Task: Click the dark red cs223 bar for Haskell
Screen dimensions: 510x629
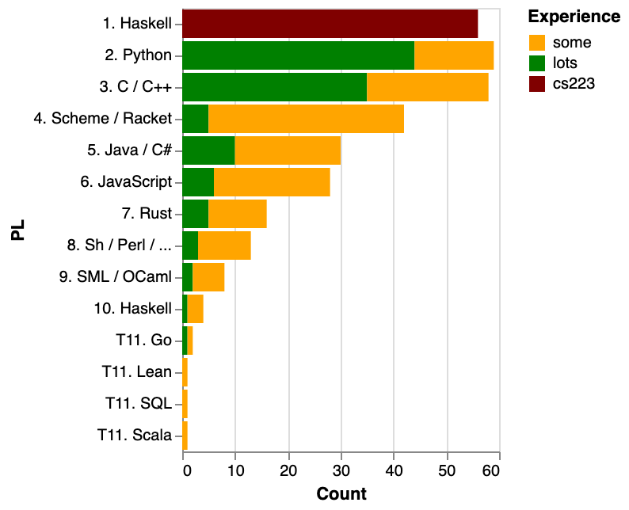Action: [330, 24]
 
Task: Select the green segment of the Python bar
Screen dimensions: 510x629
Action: [299, 55]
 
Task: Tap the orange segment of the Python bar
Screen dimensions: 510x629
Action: [454, 55]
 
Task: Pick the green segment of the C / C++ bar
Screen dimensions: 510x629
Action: [275, 87]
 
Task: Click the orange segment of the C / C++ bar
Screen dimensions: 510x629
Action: [428, 87]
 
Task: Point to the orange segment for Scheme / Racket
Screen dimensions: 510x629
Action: [307, 119]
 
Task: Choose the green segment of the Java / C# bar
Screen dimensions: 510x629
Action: [209, 150]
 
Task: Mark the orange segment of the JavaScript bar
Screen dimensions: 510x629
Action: [272, 181]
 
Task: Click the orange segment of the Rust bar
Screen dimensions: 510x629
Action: [238, 213]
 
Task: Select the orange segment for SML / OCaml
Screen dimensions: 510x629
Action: [208, 276]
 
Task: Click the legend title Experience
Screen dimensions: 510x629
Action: [574, 17]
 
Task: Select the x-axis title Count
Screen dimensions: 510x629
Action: [341, 494]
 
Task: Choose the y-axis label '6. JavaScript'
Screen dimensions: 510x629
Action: [126, 181]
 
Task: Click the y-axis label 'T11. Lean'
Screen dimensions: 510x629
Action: [137, 371]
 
